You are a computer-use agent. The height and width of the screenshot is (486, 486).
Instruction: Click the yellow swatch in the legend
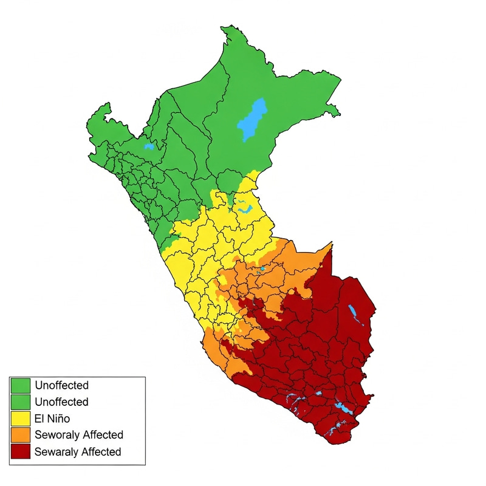pyautogui.click(x=21, y=419)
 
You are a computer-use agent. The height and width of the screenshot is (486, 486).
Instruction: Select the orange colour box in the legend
pyautogui.click(x=21, y=435)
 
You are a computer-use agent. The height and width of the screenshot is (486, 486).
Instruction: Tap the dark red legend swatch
pyautogui.click(x=21, y=452)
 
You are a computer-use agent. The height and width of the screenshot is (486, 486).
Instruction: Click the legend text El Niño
pyautogui.click(x=52, y=419)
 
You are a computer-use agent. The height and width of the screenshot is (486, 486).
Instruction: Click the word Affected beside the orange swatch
pyautogui.click(x=103, y=435)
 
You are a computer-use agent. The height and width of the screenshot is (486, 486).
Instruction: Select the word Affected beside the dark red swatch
pyautogui.click(x=101, y=452)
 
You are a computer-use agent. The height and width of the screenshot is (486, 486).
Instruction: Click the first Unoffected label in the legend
pyautogui.click(x=61, y=385)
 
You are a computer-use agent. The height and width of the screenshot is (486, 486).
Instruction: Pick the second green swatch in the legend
pyautogui.click(x=21, y=402)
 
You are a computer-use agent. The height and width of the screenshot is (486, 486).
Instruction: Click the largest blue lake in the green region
pyautogui.click(x=252, y=119)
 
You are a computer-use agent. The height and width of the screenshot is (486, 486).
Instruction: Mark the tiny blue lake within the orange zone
pyautogui.click(x=262, y=268)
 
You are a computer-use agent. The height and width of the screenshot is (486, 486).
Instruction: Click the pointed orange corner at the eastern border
pyautogui.click(x=331, y=244)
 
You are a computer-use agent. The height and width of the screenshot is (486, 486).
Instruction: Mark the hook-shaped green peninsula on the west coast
pyautogui.click(x=103, y=109)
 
